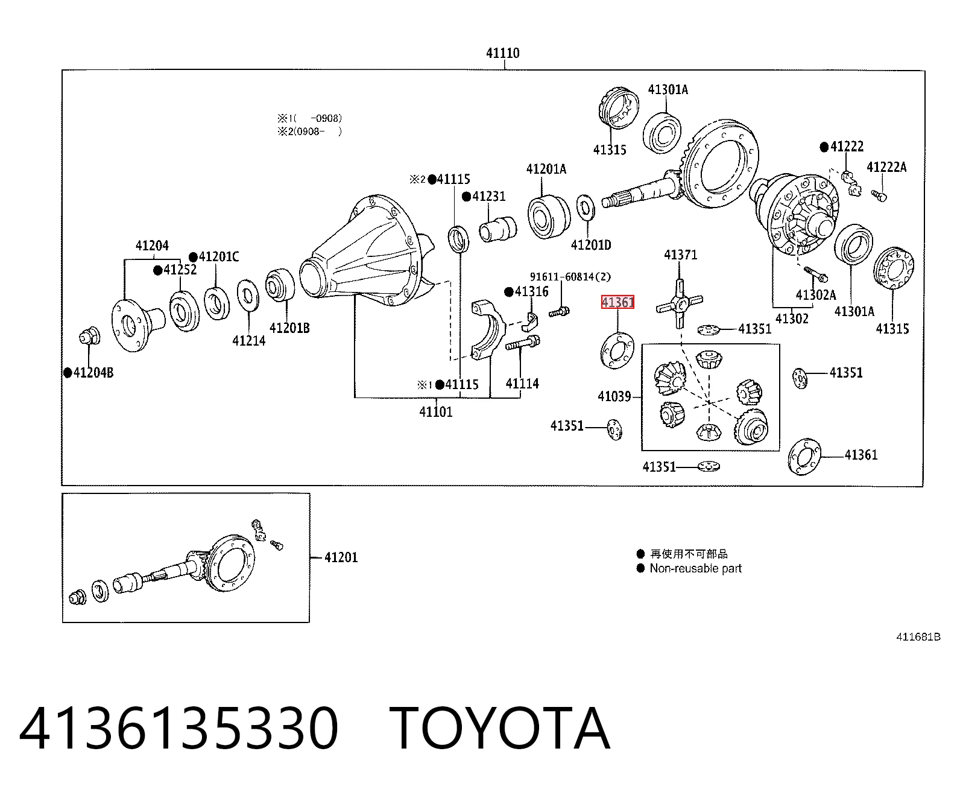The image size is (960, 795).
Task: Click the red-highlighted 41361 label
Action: pos(617,302)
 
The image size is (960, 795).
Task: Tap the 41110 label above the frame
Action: pos(503,53)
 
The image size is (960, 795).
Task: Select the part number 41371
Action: pos(680,255)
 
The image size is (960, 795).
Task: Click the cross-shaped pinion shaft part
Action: pos(680,303)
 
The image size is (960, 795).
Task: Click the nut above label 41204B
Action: pos(89,337)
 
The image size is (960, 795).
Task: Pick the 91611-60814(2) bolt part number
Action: pos(570,276)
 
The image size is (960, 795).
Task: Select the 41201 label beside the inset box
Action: pos(341,557)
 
